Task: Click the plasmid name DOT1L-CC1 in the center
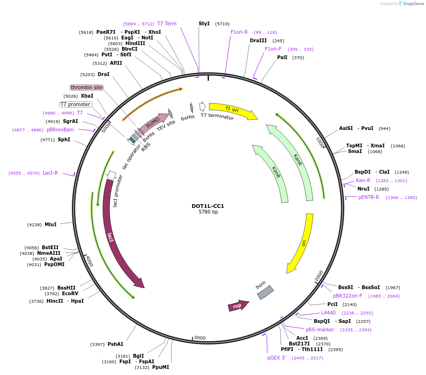pyautogui.click(x=208, y=206)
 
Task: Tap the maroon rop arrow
pyautogui.click(x=238, y=306)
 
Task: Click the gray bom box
pyautogui.click(x=265, y=292)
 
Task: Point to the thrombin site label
pyautogui.click(x=86, y=87)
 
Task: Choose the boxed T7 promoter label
pyautogui.click(x=75, y=104)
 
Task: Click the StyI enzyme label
pyautogui.click(x=204, y=23)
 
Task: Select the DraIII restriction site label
pyautogui.click(x=258, y=40)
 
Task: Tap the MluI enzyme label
pyautogui.click(x=50, y=224)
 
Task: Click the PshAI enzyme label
pyautogui.click(x=115, y=344)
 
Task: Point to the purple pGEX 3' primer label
pyautogui.click(x=277, y=358)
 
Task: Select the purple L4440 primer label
pyautogui.click(x=328, y=313)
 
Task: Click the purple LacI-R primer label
pyautogui.click(x=50, y=173)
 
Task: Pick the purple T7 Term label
pyautogui.click(x=167, y=23)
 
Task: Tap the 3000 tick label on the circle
pyautogui.click(x=200, y=337)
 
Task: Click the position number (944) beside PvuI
pyautogui.click(x=384, y=128)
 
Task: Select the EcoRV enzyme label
pyautogui.click(x=70, y=294)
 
